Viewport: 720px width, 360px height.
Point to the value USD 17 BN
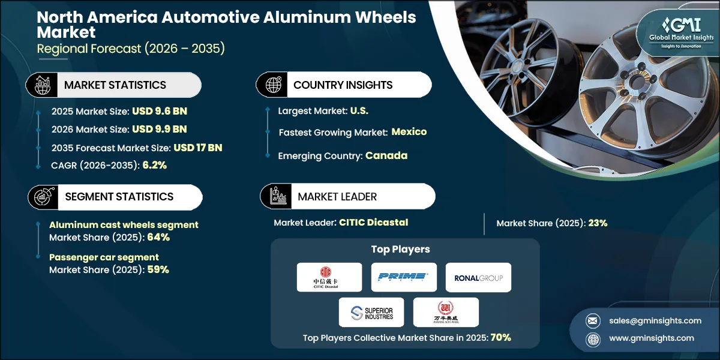tap(199, 147)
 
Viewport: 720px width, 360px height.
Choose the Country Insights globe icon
tap(274, 85)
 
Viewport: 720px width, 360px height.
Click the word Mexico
tap(409, 132)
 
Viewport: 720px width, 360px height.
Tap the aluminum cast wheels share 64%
tap(158, 237)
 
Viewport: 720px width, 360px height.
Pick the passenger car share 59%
tap(158, 269)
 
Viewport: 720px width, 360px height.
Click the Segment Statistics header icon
tap(40, 197)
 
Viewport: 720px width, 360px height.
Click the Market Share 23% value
tap(598, 223)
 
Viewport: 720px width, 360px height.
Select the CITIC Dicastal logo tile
tap(329, 277)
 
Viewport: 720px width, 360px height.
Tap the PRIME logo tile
tap(403, 277)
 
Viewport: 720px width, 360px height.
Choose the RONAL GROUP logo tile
tap(478, 277)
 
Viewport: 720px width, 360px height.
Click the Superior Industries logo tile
tap(366, 312)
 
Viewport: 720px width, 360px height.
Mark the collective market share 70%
tap(500, 337)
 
